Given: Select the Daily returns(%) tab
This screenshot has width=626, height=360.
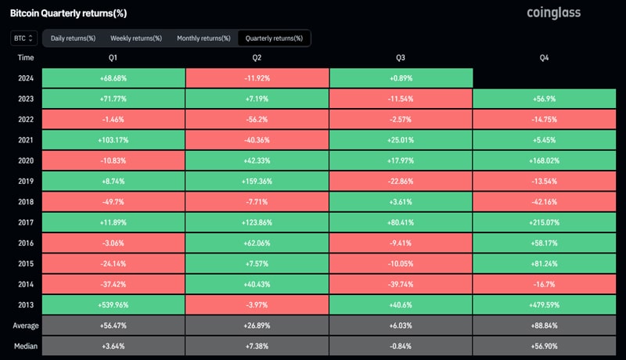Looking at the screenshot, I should pos(73,38).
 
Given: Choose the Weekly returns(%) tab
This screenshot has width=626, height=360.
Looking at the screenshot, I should pos(136,38).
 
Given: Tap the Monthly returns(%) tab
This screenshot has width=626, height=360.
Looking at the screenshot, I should pos(203,38).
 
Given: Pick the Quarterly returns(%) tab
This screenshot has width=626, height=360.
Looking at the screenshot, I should pos(274,38).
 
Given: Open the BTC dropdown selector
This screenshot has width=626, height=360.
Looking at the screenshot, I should pos(22,38).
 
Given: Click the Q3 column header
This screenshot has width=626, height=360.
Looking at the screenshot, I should pos(401,57).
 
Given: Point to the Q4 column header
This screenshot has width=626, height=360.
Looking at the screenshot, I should pos(545,57).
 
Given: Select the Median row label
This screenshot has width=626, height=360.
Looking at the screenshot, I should pos(26,345).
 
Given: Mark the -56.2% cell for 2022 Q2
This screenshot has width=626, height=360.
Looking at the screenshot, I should pos(257,118).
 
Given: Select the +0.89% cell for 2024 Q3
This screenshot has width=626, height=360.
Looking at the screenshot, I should pos(401,77).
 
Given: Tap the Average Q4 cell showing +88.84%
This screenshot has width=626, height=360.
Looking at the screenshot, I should pos(545,325).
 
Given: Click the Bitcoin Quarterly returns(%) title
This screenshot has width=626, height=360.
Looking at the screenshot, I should pos(68,13).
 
